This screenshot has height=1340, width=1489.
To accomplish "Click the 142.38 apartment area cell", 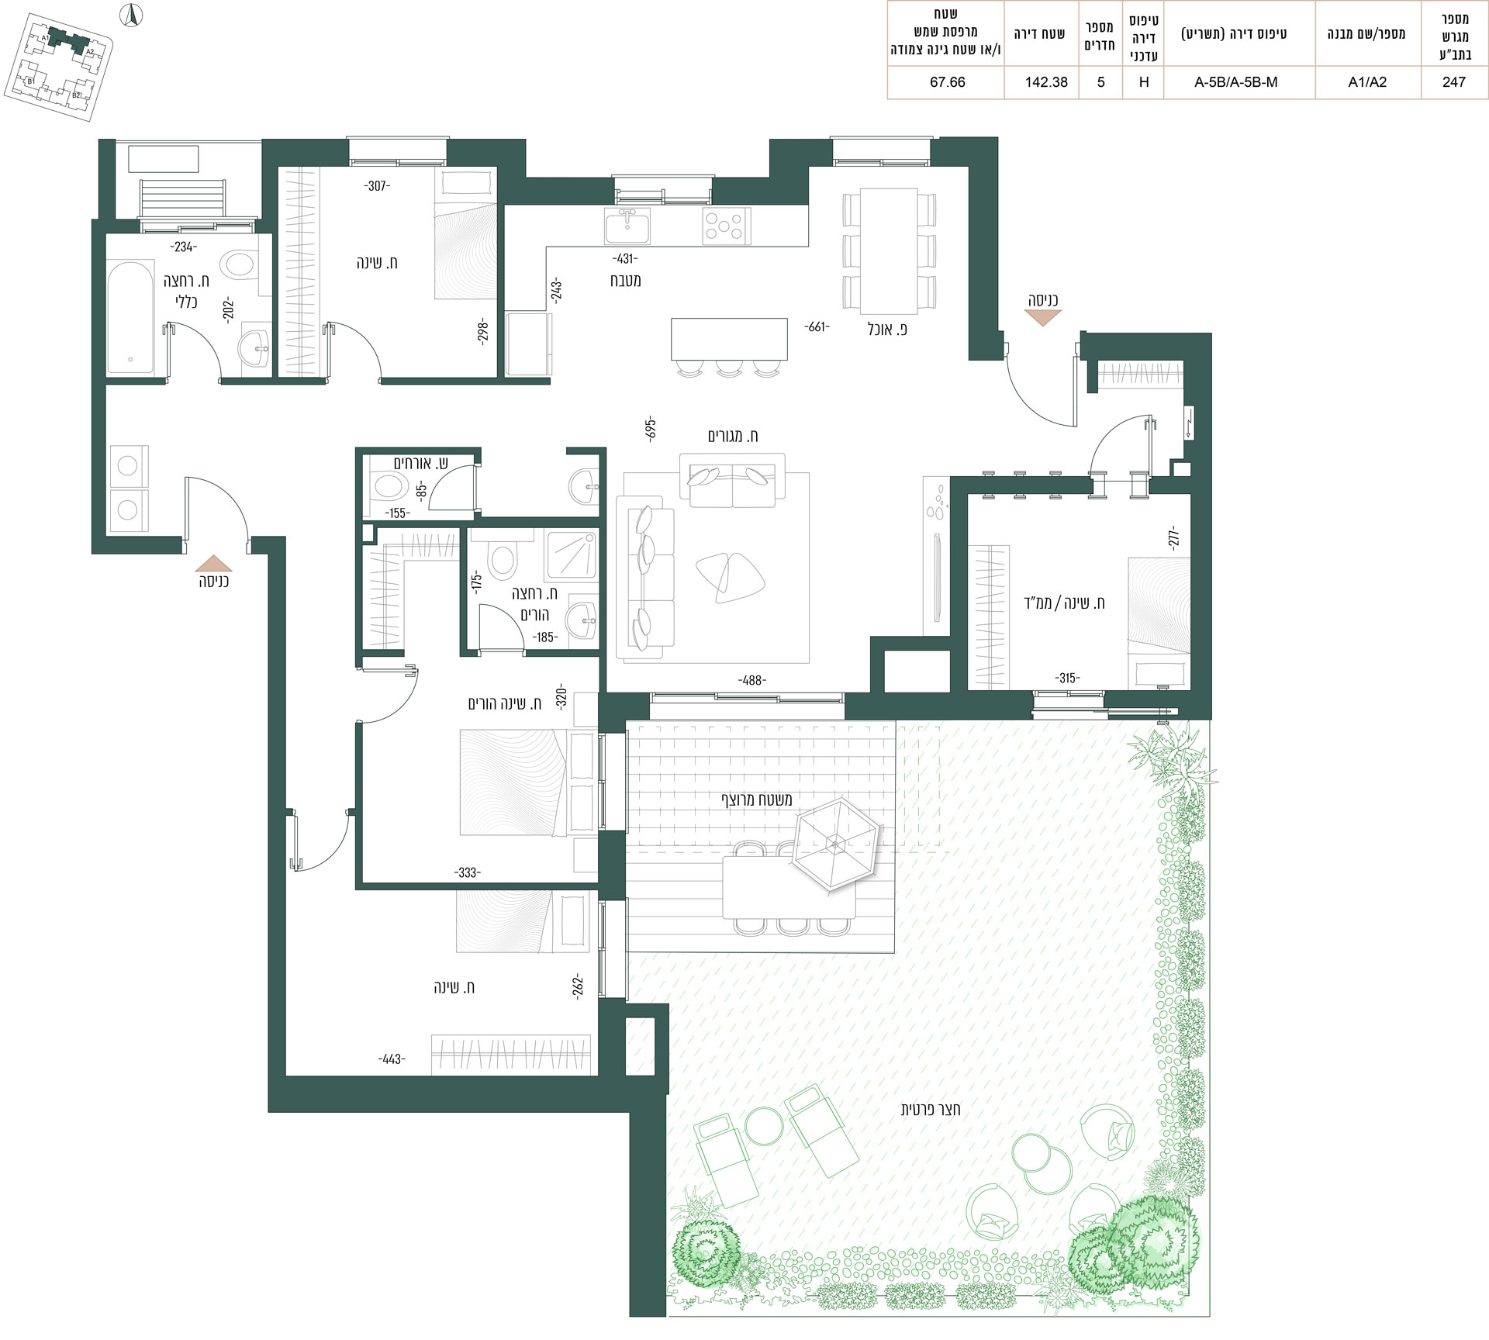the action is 1046,82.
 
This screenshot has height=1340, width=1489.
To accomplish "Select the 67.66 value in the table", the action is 947,82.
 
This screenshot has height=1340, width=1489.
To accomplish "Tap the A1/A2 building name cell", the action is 1367,82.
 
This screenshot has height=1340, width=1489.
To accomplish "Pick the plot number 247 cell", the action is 1454,82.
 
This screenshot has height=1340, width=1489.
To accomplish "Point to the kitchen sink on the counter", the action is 627,226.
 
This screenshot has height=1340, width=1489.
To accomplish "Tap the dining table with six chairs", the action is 889,250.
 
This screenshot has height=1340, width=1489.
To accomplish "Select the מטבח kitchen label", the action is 625,280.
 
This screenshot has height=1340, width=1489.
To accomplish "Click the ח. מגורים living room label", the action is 733,437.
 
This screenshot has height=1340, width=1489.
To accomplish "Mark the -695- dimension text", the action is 651,427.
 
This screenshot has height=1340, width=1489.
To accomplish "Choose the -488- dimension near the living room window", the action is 751,680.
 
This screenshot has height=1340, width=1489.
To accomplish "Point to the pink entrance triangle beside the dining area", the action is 1042,317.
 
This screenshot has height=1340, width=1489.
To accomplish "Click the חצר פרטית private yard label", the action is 930,1109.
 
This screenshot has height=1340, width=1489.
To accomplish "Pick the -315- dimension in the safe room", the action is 1067,678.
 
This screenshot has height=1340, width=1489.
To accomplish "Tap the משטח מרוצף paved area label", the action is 756,799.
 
